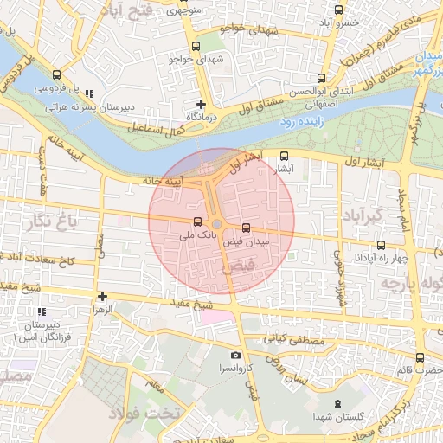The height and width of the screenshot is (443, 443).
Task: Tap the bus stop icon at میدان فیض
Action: [x=247, y=228]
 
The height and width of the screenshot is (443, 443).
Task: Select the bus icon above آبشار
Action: [x=285, y=157]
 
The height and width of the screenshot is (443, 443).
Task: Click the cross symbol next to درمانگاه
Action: [x=201, y=104]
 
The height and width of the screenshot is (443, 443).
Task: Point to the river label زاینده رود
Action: [x=299, y=123]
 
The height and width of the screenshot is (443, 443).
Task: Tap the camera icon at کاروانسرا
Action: [x=236, y=356]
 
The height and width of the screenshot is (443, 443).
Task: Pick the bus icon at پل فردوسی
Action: [x=56, y=75]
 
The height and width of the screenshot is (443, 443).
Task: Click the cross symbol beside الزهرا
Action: [x=102, y=296]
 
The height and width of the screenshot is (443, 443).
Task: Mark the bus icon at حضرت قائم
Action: [x=420, y=357]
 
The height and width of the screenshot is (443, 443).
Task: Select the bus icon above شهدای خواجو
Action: [x=196, y=46]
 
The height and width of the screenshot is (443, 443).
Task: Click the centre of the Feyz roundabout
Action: [x=217, y=225]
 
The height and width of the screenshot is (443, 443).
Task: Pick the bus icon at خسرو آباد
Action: [x=338, y=10]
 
